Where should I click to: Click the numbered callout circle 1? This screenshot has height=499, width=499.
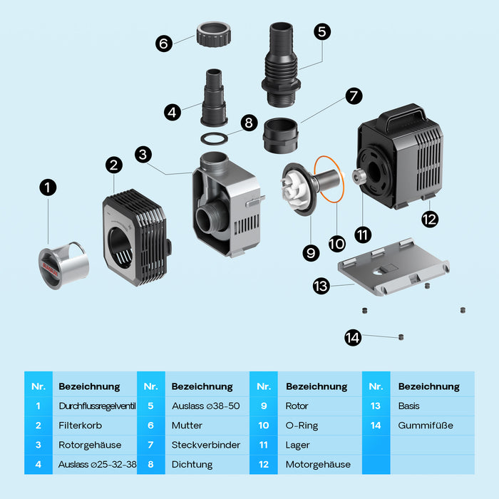(47, 187)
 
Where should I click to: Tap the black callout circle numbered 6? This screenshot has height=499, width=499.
(164, 43)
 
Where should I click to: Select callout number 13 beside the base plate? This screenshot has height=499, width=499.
(321, 287)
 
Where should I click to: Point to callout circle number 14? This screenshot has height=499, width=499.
(353, 338)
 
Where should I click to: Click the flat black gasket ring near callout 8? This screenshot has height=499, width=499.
(215, 138)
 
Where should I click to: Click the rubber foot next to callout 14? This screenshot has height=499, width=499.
(401, 336)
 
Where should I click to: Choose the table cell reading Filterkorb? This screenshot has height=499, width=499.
(78, 426)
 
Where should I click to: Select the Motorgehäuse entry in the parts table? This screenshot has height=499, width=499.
(318, 464)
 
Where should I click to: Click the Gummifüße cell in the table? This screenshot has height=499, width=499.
(426, 426)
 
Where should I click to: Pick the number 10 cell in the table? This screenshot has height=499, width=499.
(264, 426)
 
